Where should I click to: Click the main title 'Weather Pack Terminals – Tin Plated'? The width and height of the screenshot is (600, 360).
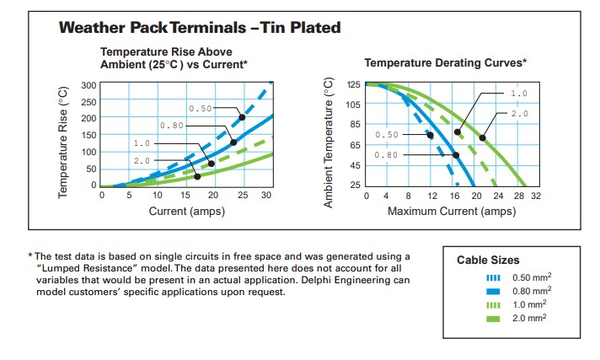[200, 27]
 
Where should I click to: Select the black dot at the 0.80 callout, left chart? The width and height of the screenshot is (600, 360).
[234, 142]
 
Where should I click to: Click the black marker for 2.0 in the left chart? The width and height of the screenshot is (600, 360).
[197, 176]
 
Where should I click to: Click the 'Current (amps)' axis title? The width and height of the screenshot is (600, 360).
[185, 211]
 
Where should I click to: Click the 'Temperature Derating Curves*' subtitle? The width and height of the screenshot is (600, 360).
[445, 62]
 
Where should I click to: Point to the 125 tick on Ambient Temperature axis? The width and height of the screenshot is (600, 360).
[351, 84]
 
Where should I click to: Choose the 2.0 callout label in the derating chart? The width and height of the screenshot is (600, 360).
[519, 113]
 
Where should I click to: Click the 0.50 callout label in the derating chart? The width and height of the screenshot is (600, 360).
[387, 135]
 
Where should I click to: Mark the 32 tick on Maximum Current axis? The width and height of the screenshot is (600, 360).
[535, 196]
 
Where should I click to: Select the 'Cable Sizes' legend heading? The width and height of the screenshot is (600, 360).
[488, 260]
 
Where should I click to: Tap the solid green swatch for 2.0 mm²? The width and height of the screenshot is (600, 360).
[494, 319]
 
